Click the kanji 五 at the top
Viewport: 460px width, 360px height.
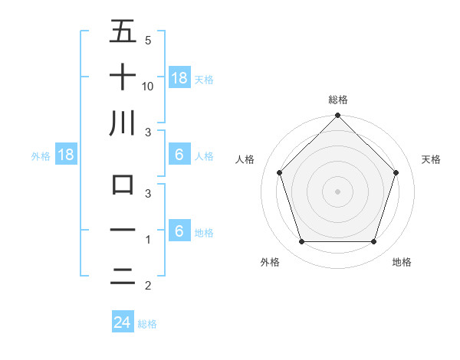(123, 33)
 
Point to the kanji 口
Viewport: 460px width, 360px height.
(123, 185)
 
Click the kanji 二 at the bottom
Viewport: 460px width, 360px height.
(123, 277)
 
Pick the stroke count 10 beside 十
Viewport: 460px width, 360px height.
(148, 87)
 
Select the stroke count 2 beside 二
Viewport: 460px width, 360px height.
(147, 286)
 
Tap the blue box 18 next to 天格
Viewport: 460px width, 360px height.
(179, 77)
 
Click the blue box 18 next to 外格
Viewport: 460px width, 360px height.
(66, 155)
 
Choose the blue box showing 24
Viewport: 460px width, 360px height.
(122, 322)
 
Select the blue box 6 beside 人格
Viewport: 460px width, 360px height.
(179, 155)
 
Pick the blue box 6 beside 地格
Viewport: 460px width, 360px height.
(179, 231)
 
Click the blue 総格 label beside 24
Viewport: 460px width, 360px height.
(147, 324)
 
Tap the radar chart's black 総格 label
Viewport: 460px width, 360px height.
(337, 100)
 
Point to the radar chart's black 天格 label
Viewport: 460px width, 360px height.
(431, 159)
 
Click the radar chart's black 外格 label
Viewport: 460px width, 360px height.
(270, 262)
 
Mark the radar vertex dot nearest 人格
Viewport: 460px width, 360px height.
(279, 172)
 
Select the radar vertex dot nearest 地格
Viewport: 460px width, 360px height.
(373, 242)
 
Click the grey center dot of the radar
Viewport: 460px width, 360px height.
(337, 191)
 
